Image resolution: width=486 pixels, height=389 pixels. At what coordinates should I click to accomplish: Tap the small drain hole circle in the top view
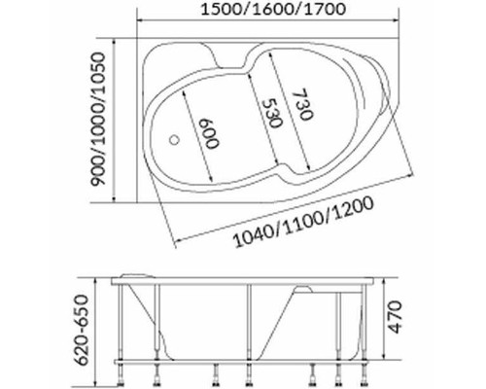point(174,141)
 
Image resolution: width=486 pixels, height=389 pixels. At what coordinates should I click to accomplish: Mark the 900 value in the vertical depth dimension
point(98,176)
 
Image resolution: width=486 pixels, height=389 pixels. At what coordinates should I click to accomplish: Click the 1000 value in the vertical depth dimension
point(98,121)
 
